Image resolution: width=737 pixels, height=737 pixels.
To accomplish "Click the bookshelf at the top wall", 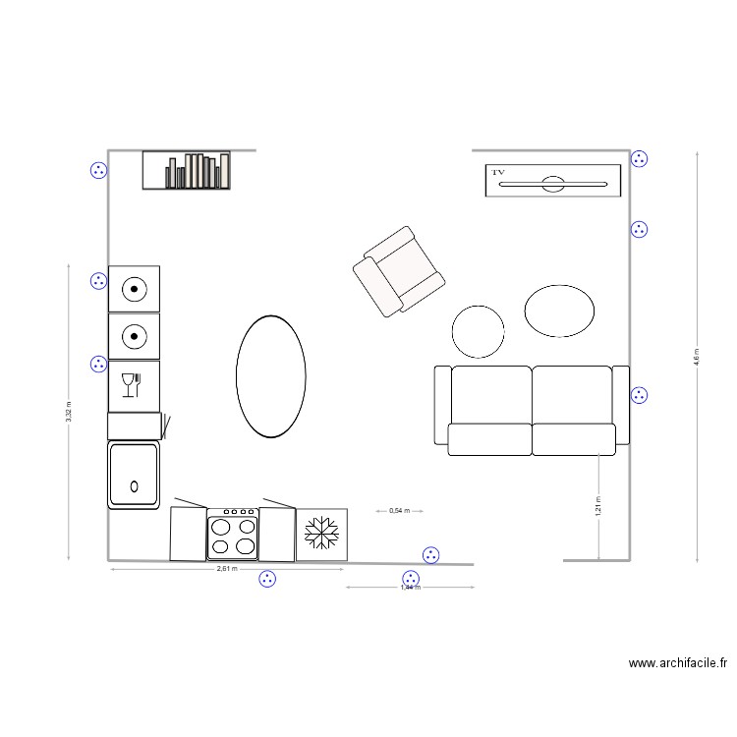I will pyautogui.click(x=186, y=170).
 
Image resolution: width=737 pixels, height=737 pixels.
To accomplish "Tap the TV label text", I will pyautogui.click(x=498, y=173).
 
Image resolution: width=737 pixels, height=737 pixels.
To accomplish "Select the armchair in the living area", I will pyautogui.click(x=399, y=271).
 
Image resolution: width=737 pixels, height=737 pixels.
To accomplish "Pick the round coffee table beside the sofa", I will pyautogui.click(x=479, y=331).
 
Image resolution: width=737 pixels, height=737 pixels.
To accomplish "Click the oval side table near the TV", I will pyautogui.click(x=559, y=311).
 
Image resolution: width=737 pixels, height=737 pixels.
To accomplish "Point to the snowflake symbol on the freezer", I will pyautogui.click(x=320, y=535).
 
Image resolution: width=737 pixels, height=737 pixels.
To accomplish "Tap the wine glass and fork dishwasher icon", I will pyautogui.click(x=132, y=385).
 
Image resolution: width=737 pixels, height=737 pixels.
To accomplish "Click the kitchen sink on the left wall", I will pyautogui.click(x=133, y=475).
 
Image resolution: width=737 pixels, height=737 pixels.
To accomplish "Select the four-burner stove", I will pyautogui.click(x=232, y=535).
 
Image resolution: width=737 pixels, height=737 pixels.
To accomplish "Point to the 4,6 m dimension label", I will pyautogui.click(x=697, y=356).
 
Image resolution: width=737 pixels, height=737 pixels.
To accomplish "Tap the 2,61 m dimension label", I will pyautogui.click(x=227, y=569).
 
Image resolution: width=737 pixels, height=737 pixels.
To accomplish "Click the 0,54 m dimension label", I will pyautogui.click(x=399, y=511).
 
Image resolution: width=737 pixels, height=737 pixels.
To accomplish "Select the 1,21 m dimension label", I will pyautogui.click(x=597, y=505).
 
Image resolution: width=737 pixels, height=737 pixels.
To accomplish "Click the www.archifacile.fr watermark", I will pyautogui.click(x=678, y=664).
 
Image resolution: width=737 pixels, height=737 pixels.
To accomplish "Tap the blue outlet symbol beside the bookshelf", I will pyautogui.click(x=98, y=171).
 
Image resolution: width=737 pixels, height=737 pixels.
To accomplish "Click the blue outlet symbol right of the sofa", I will pyautogui.click(x=639, y=395).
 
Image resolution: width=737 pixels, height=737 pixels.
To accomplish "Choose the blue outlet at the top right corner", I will pyautogui.click(x=639, y=158).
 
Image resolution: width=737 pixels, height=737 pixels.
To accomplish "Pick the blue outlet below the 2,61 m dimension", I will pyautogui.click(x=267, y=580).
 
